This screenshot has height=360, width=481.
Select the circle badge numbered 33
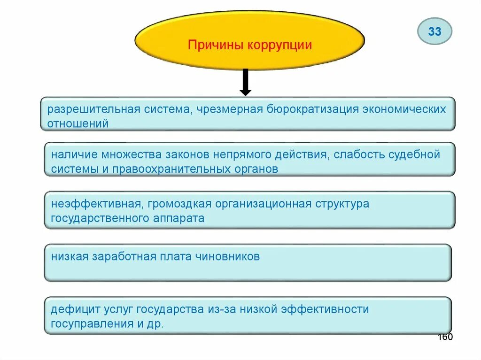tap(434, 31)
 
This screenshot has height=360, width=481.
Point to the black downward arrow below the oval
tap(245, 82)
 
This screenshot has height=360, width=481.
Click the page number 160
tap(445, 337)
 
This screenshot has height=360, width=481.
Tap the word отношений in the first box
tap(78, 124)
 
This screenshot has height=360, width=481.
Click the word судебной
tap(414, 154)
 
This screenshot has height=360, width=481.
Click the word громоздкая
tap(178, 204)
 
